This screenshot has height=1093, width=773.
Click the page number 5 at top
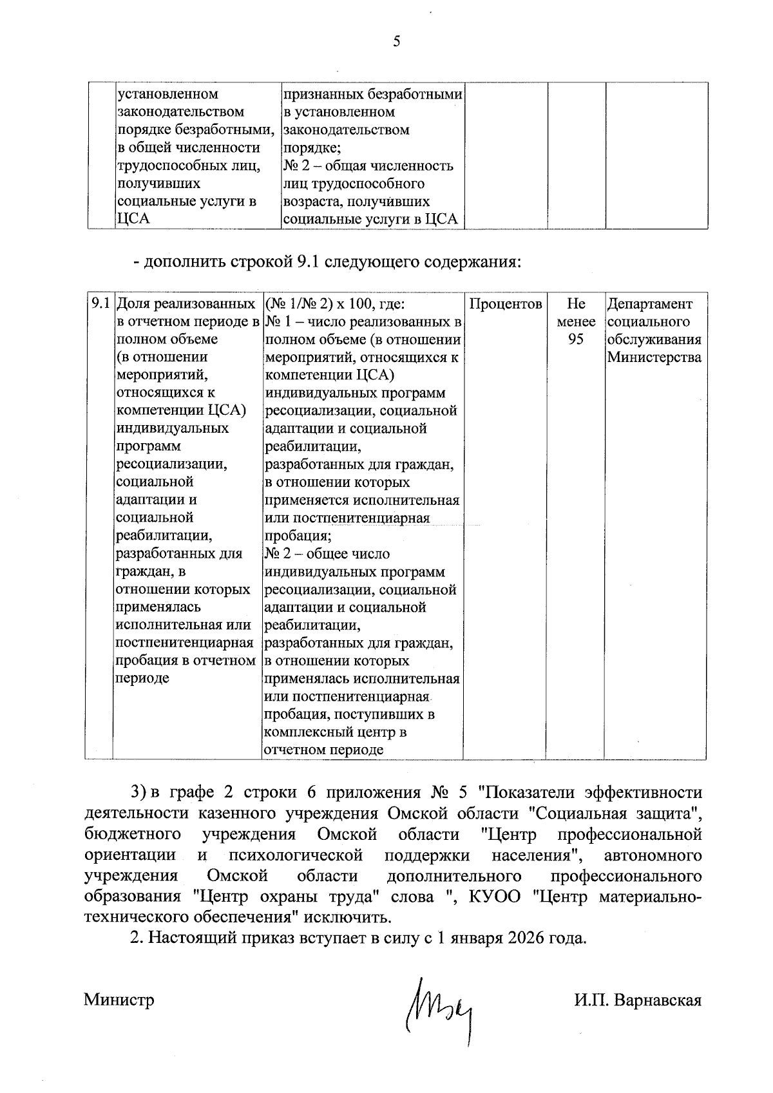coord(396,43)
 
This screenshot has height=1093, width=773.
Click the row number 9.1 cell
coord(100,304)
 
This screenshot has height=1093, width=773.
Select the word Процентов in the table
coord(505,304)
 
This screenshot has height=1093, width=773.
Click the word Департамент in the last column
coord(650,304)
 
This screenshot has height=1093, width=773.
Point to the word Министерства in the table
coord(654,357)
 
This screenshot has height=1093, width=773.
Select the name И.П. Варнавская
coord(638,1000)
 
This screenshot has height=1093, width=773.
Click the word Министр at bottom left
coord(119,1000)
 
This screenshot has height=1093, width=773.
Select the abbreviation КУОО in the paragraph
coord(499,897)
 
